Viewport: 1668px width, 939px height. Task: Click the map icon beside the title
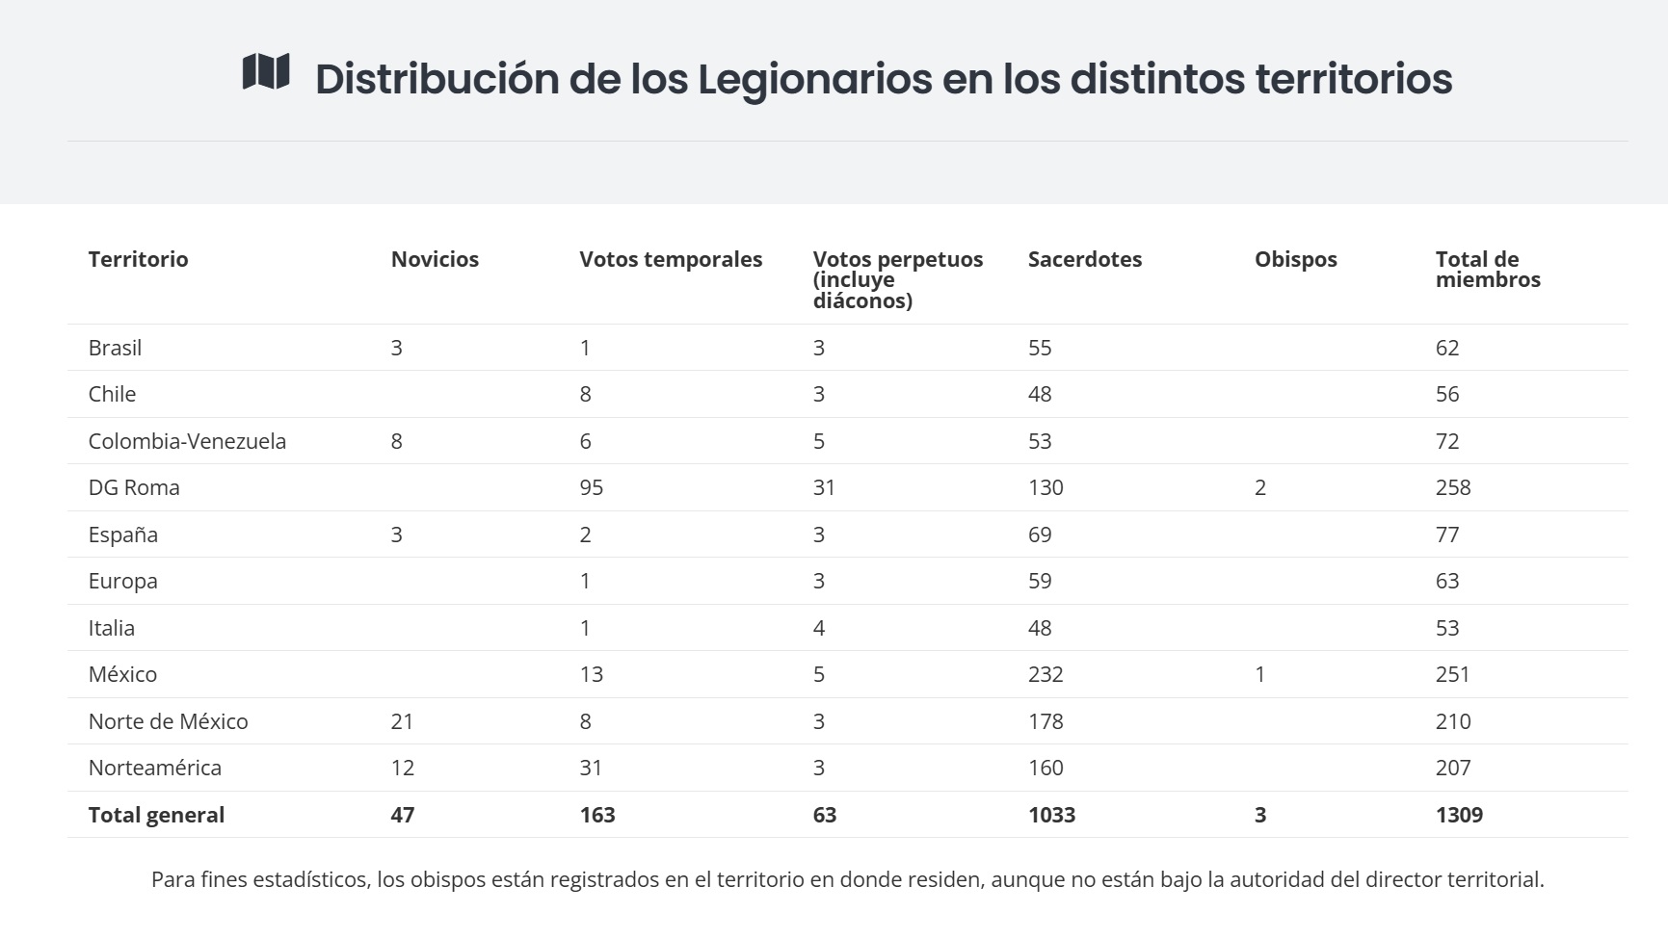click(266, 72)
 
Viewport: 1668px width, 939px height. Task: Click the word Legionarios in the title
click(814, 79)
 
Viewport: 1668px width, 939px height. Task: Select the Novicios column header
click(435, 259)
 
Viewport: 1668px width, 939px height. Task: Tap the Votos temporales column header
click(671, 259)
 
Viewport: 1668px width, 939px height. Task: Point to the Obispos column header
click(1295, 259)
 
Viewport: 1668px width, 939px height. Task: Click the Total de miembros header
click(1487, 270)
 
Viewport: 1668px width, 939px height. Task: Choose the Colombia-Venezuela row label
click(187, 441)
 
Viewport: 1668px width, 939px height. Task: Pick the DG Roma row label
click(134, 487)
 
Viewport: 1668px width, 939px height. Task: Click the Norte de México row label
click(168, 721)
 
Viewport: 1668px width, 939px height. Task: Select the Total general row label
click(156, 815)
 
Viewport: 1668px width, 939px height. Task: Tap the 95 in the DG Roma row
click(591, 487)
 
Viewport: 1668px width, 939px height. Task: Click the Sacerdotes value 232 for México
click(1046, 674)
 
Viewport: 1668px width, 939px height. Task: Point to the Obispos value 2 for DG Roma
click(1260, 487)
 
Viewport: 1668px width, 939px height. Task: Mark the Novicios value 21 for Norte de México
click(402, 721)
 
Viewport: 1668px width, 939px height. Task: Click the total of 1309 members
click(1459, 815)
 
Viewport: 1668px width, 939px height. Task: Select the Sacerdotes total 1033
click(1051, 815)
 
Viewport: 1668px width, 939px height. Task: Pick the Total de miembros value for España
click(1447, 535)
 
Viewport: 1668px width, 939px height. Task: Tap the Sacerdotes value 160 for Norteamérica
click(1046, 768)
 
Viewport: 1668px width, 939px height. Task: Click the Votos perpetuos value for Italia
click(819, 628)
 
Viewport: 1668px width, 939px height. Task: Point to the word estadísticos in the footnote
click(311, 879)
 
